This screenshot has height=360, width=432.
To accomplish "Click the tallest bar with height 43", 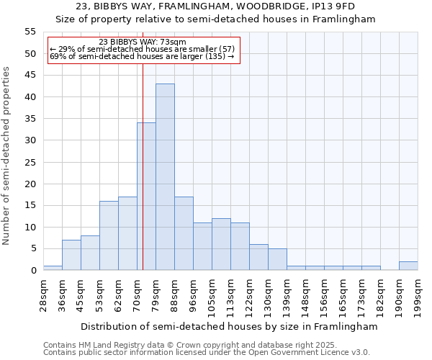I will [165, 177].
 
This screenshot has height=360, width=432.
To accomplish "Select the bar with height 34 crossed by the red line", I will [146, 197].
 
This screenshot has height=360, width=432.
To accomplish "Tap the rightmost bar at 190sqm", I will [408, 266].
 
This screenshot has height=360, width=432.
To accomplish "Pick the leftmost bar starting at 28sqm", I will [53, 268].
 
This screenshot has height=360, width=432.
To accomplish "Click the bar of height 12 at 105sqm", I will [221, 244].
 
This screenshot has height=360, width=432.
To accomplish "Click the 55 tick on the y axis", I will [30, 32].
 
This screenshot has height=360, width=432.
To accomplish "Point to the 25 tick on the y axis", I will [30, 162].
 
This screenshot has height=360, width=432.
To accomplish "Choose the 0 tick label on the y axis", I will [33, 271].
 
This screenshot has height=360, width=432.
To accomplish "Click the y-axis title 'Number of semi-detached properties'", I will [7, 155].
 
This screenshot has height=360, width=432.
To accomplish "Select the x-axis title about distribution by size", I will [229, 326].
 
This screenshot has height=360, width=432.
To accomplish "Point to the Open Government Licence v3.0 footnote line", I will [207, 353].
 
